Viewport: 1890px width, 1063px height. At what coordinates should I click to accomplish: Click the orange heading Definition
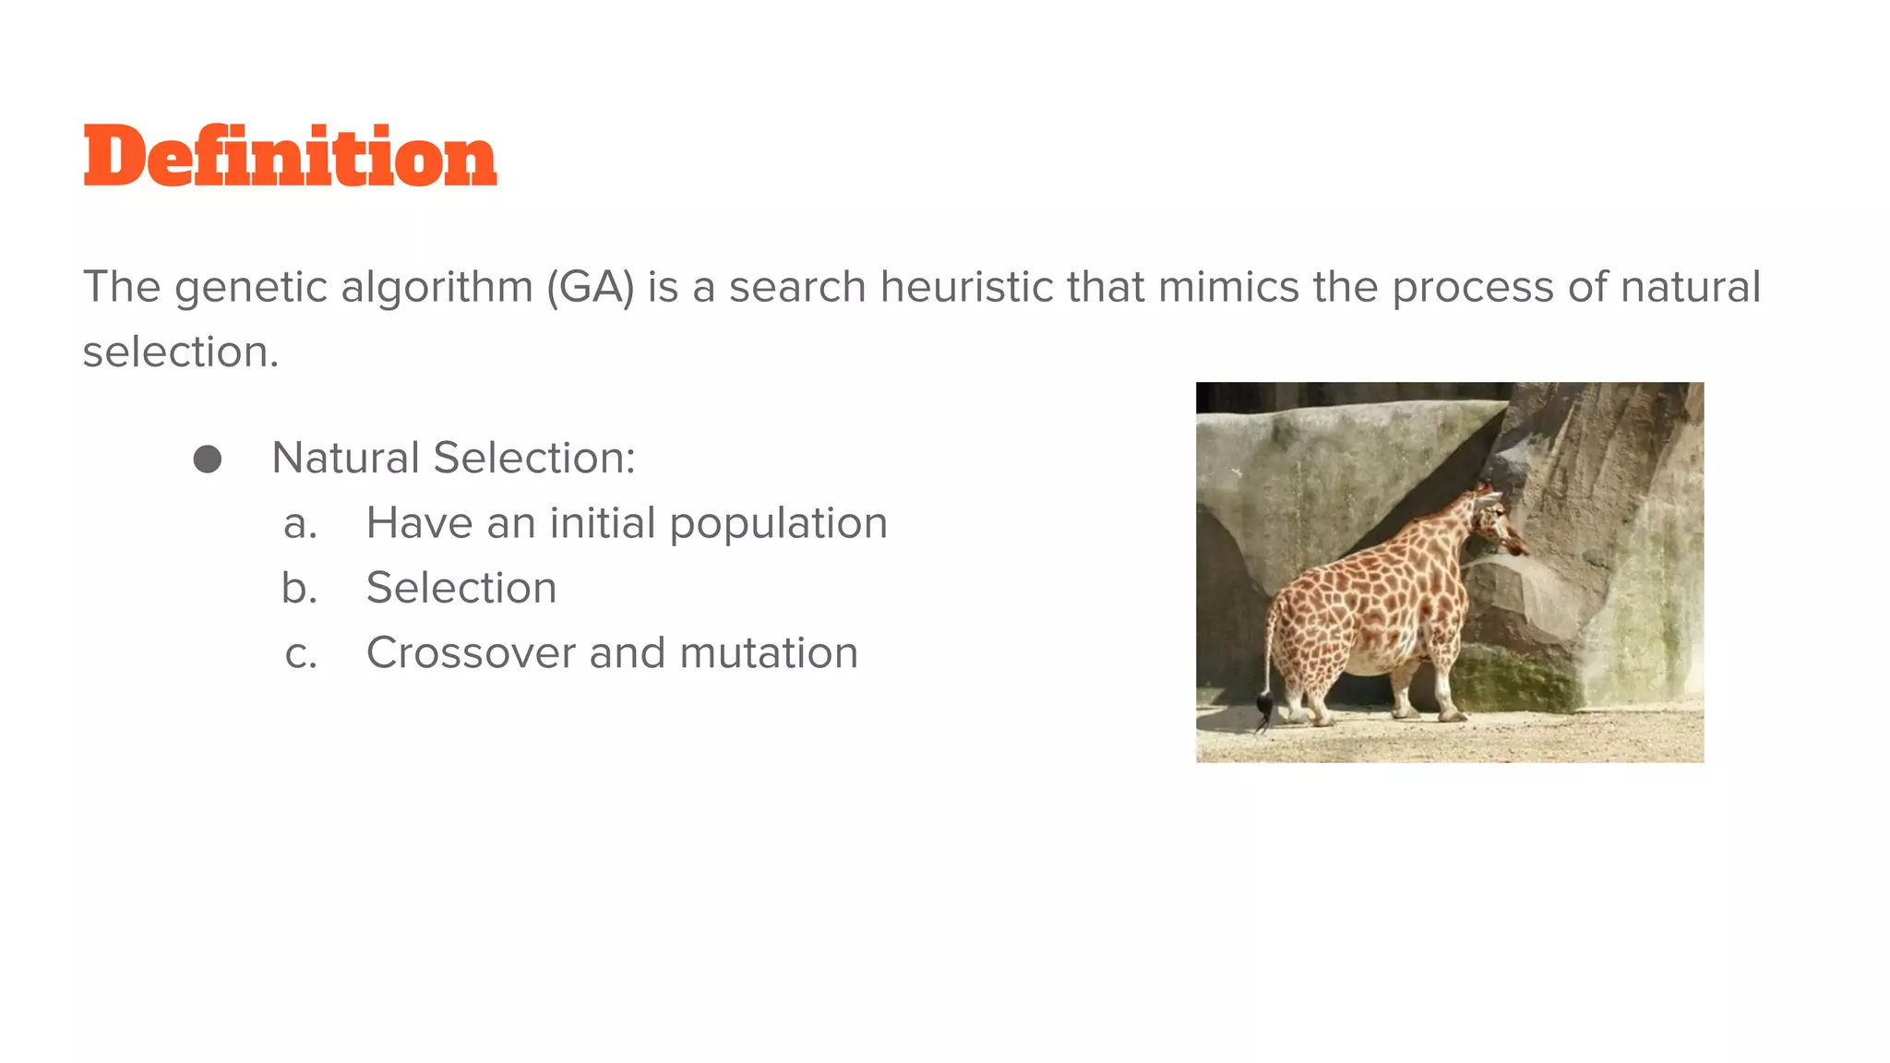tap(290, 156)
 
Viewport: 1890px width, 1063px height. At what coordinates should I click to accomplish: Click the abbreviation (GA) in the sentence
tap(590, 287)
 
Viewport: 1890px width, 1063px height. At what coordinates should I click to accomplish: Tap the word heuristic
tap(966, 287)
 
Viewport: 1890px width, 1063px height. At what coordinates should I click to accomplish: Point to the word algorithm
tap(437, 287)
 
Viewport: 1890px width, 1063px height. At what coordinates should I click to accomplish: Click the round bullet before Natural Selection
tap(208, 459)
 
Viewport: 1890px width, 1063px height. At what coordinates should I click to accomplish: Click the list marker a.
tap(300, 524)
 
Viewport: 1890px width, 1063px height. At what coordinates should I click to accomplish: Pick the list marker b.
tap(299, 589)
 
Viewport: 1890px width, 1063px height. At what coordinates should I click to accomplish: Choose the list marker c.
tap(301, 654)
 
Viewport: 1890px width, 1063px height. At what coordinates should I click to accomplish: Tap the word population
tap(778, 524)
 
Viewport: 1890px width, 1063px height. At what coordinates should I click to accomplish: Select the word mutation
tap(769, 653)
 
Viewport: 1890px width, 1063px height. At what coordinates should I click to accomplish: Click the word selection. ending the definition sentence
tap(180, 352)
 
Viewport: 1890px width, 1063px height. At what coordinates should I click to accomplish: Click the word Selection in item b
tap(461, 589)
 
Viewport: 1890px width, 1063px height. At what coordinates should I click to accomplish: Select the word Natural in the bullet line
tap(345, 459)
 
